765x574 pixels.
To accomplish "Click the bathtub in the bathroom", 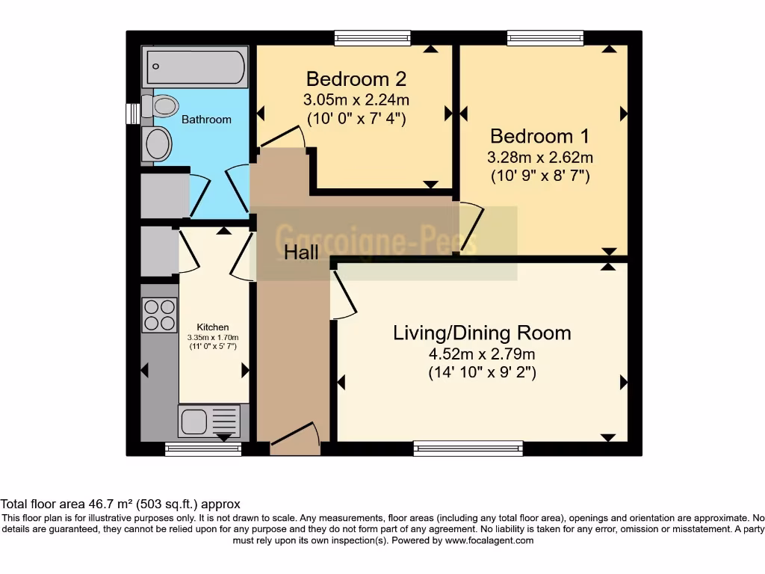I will pos(196,67).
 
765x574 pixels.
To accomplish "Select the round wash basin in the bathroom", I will pos(158,143).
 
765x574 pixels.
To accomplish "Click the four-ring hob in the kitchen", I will pos(159,314).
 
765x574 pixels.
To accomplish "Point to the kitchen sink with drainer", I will pos(209,421).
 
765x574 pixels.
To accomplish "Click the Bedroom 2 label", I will pos(356,78).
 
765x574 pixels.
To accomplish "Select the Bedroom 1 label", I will pos(539,136).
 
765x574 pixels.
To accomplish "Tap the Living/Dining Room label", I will pos(482,333).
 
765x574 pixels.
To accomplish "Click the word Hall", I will pos(301,253).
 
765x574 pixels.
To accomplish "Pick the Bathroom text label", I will pos(206,119).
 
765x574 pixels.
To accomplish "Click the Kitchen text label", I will pos(213,327).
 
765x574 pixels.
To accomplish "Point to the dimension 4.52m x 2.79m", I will pos(482,354).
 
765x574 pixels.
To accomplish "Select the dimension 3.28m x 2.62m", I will pos(539,157).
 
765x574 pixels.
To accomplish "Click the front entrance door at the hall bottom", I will pos(294,441).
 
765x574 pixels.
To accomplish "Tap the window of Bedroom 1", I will pos(545,37).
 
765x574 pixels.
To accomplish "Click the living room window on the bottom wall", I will pos(468,448).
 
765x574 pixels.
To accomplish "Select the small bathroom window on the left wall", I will pos(132,112).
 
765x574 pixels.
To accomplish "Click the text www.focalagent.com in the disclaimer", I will pos(489,540).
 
